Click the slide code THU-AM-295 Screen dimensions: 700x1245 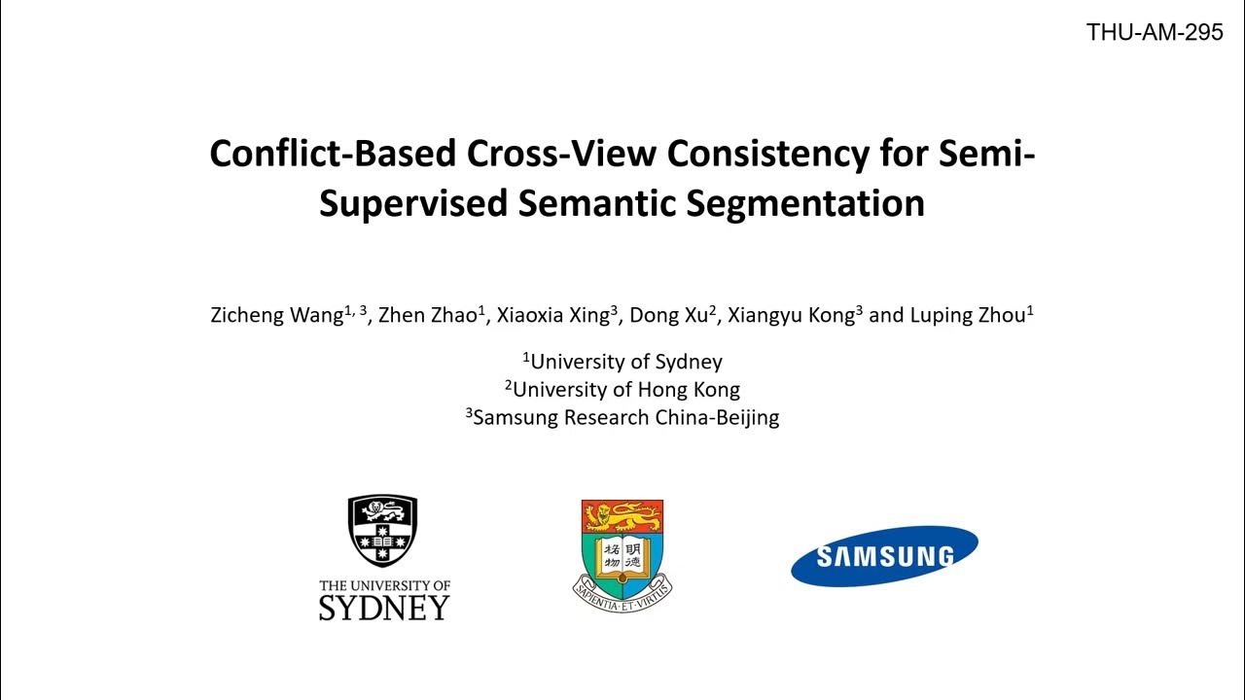pos(1155,32)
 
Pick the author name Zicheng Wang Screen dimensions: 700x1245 pos(276,315)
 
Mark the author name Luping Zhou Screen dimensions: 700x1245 pos(967,315)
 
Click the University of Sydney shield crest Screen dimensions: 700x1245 pos(382,531)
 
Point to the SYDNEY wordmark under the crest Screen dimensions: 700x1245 pos(384,609)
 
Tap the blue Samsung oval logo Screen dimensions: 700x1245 pos(884,556)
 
